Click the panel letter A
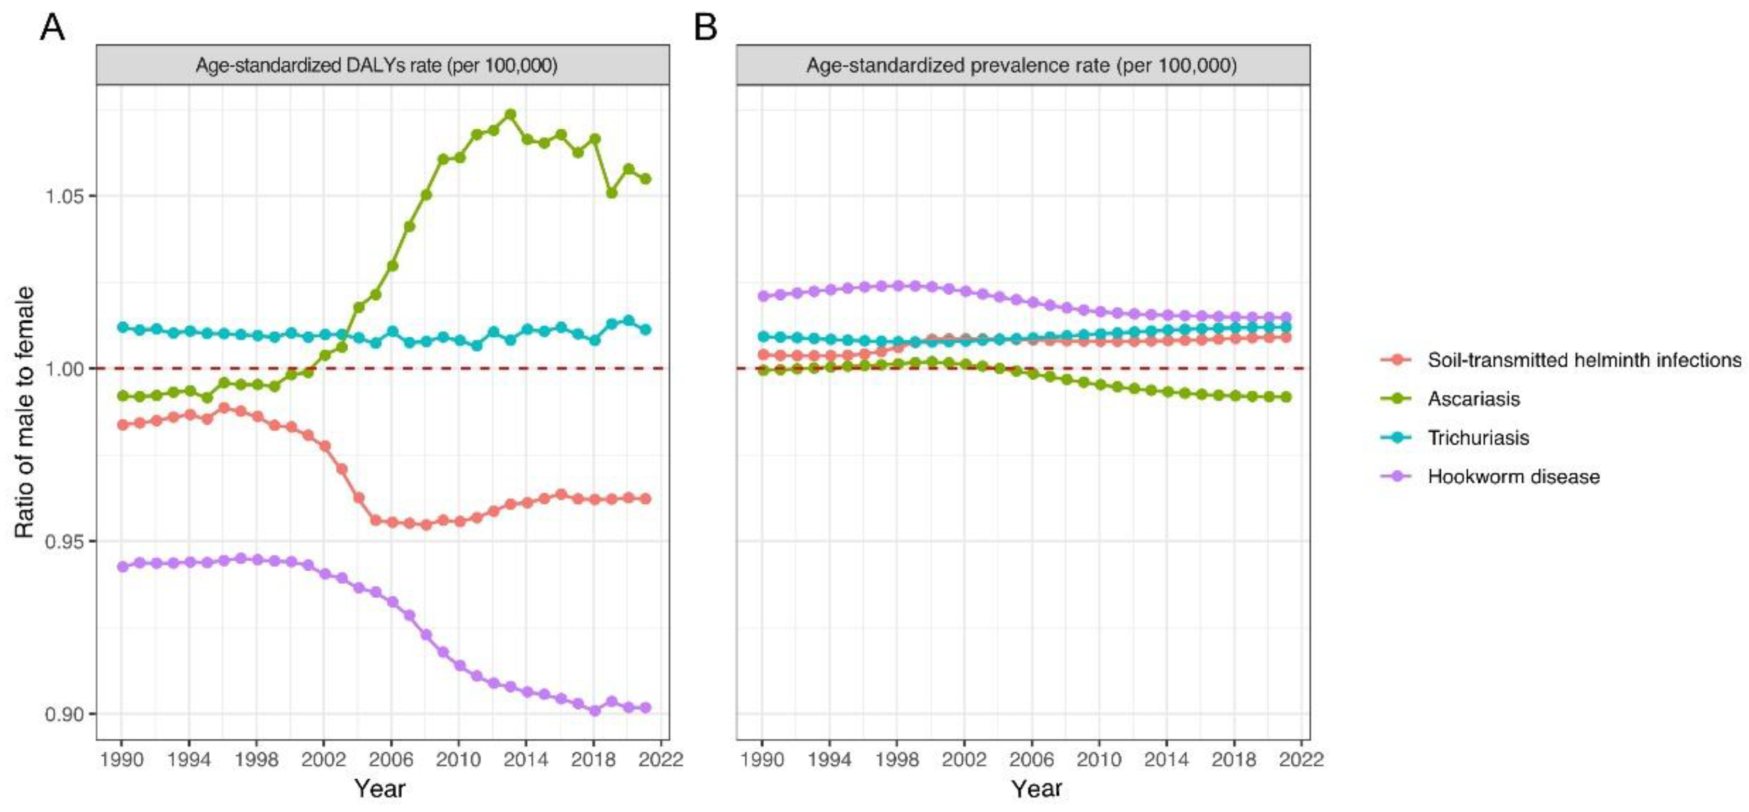coord(52,28)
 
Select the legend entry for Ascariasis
coord(1473,398)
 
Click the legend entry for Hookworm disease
coord(1513,477)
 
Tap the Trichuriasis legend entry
coord(1478,438)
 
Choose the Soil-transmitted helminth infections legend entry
coord(1584,360)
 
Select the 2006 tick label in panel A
coord(391,759)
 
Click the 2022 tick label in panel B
coord(1301,759)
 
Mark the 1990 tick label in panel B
coord(762,759)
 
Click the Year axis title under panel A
coord(379,789)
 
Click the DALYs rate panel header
coord(376,66)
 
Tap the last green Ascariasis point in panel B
coord(1285,396)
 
